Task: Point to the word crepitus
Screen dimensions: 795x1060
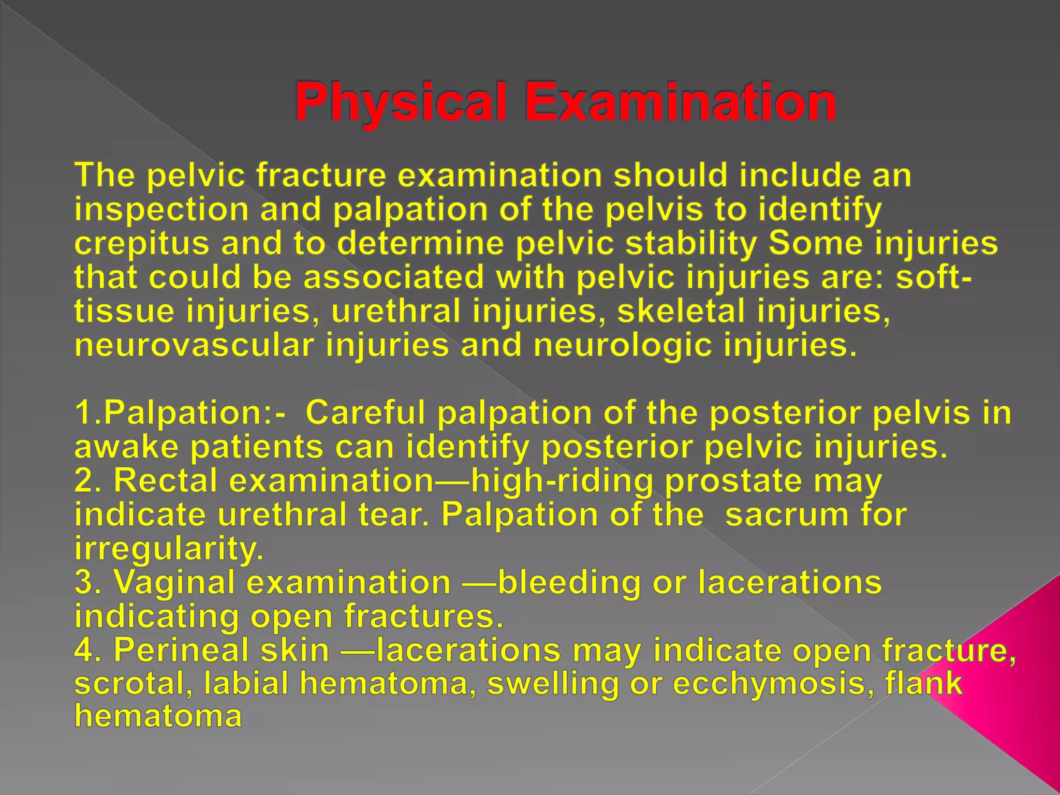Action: [142, 244]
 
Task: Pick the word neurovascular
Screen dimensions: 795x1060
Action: [194, 345]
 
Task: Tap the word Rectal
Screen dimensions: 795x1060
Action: [165, 481]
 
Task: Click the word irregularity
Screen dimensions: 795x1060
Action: [169, 550]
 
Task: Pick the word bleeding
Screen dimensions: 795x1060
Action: [569, 583]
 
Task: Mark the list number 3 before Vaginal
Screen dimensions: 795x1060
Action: [84, 583]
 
